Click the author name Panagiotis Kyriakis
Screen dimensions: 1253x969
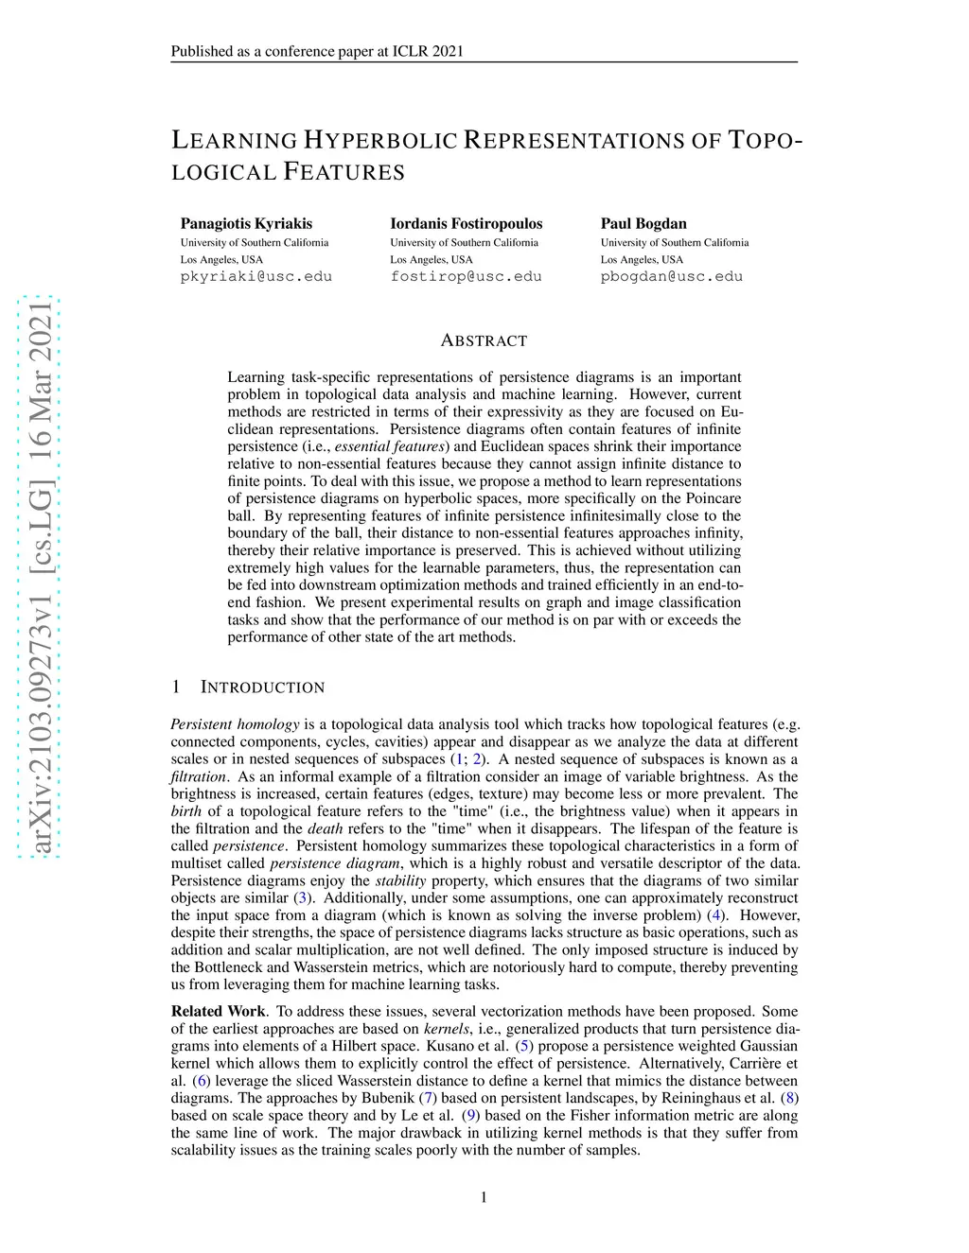(246, 224)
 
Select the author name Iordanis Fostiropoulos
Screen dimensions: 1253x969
(466, 224)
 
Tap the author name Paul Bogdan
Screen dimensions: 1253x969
(643, 224)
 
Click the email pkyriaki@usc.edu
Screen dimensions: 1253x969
(256, 276)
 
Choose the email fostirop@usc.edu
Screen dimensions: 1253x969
(466, 276)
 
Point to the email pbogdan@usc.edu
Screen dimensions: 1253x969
(671, 276)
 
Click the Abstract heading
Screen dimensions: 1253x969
(484, 340)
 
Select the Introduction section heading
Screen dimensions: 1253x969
(262, 687)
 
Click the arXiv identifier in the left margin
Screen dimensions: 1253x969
(41, 577)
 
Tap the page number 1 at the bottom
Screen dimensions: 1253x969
(484, 1198)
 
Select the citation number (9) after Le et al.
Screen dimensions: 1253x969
(470, 1115)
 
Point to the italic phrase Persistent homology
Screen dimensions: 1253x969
(235, 724)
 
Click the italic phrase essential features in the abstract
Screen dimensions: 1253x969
(390, 446)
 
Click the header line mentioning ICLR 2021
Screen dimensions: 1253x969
(317, 51)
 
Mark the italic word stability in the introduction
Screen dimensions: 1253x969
(401, 880)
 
